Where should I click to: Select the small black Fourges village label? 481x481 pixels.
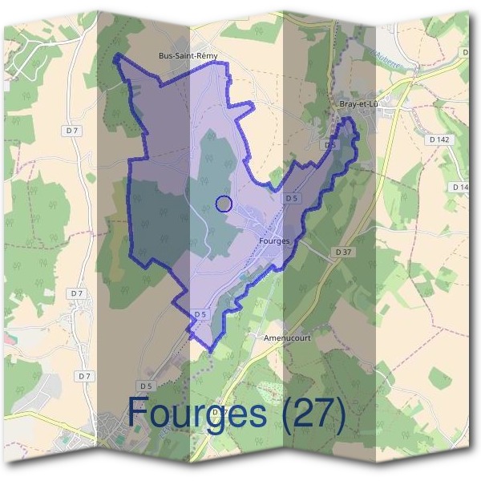274,240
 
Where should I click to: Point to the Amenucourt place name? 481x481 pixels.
286,338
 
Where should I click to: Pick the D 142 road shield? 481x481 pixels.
440,139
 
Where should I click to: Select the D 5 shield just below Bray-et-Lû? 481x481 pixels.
329,145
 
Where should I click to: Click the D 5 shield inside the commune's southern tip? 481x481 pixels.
200,314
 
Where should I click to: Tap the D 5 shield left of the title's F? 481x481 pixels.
145,386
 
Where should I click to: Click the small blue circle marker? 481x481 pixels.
224,204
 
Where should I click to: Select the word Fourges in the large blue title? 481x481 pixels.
197,414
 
